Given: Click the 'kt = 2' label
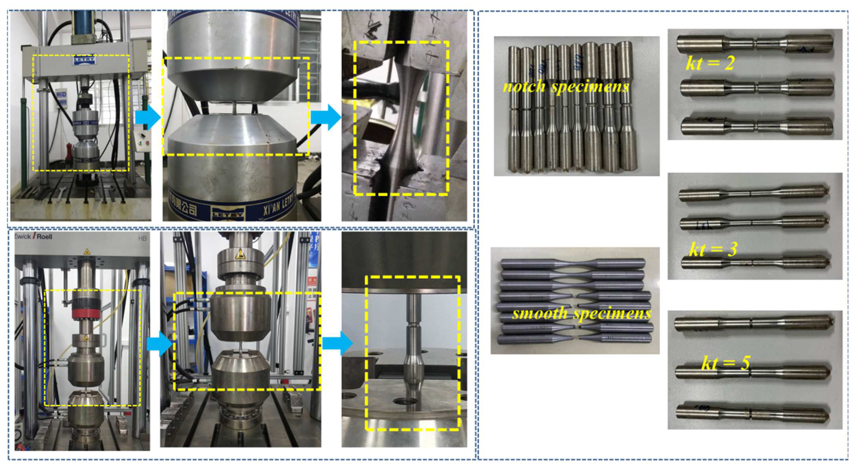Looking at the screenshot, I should pos(710,63).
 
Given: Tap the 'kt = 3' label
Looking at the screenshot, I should pos(713,249).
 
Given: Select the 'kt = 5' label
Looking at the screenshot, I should pos(726,363).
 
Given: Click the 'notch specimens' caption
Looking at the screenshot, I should pos(566,86).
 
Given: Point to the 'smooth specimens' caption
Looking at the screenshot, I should pos(581,313).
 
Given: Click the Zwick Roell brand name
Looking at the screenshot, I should pos(33,237).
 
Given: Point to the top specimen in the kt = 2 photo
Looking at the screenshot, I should pos(754,44).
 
